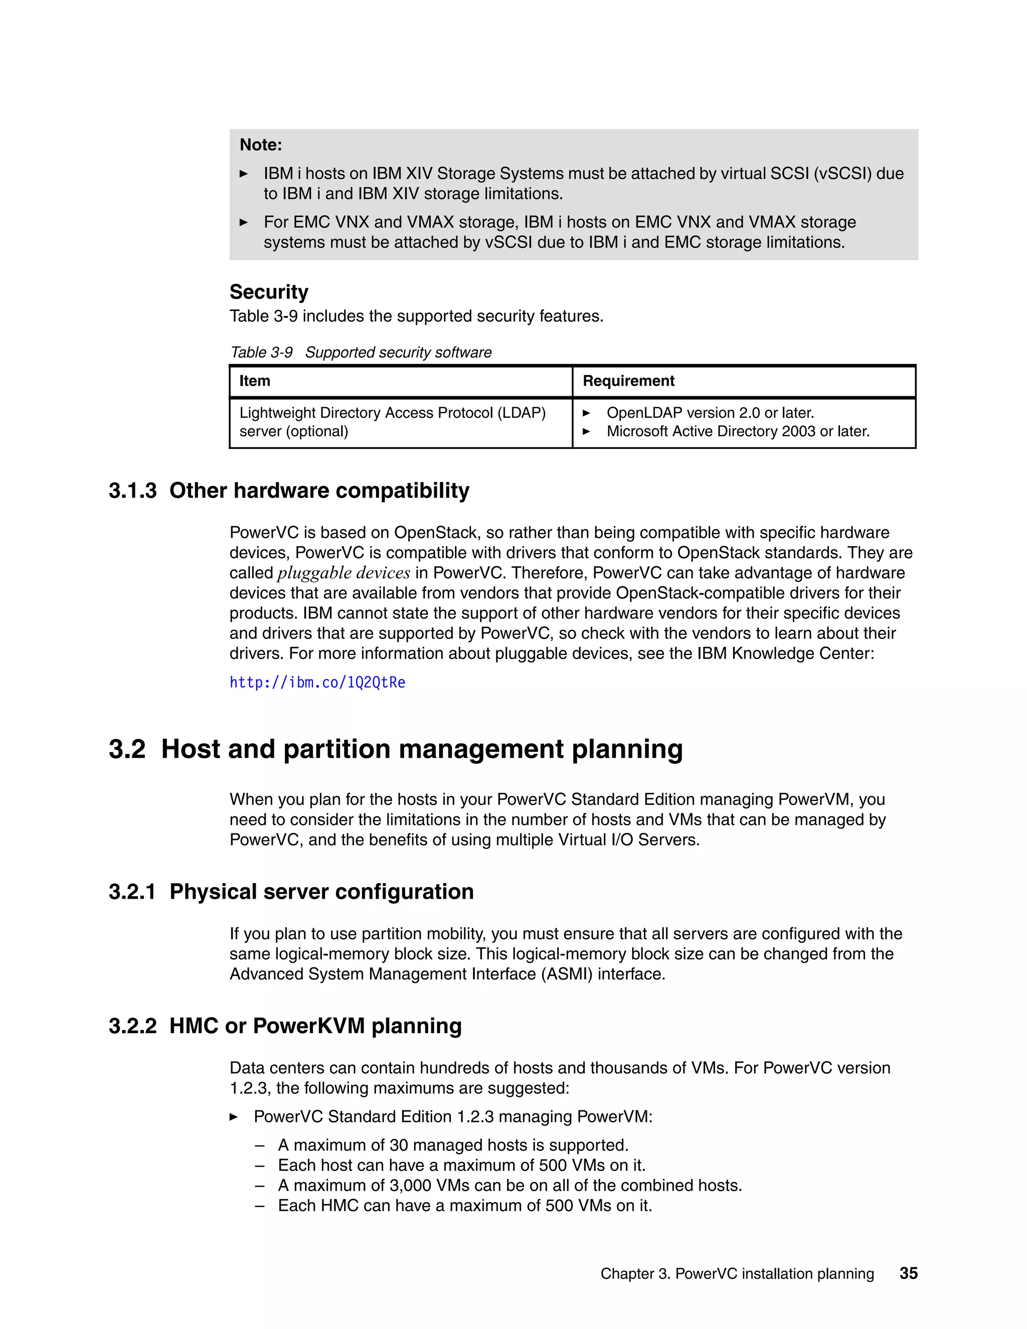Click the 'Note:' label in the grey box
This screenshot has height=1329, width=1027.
(x=260, y=145)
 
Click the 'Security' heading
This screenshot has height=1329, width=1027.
(x=268, y=292)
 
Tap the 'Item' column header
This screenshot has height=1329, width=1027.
(x=254, y=381)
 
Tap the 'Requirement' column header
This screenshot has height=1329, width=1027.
(x=628, y=381)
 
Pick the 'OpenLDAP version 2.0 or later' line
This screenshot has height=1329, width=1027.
(x=710, y=413)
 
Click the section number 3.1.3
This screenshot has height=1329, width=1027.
(x=132, y=490)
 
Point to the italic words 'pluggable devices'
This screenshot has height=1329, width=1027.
(x=344, y=573)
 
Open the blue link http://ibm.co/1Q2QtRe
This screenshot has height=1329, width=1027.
(x=317, y=683)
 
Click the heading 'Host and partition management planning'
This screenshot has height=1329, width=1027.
(x=422, y=749)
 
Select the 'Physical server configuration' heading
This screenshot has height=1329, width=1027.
(x=321, y=892)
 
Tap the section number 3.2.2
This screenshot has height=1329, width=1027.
(x=132, y=1026)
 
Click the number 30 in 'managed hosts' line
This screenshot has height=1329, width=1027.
(x=399, y=1145)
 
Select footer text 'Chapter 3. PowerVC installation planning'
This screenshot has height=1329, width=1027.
(x=737, y=1274)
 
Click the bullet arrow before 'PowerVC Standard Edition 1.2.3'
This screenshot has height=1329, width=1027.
(x=234, y=1117)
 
